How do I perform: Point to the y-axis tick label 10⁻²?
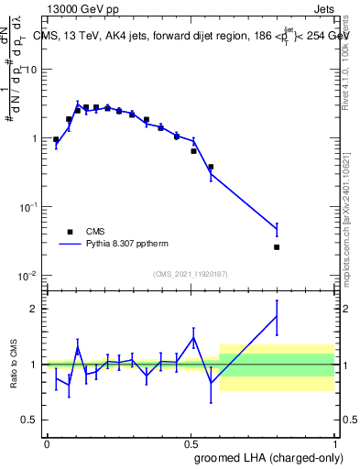click(31, 277)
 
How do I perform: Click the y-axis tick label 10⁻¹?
click(31, 208)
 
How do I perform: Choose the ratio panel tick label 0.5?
click(33, 420)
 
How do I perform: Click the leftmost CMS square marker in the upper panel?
click(56, 140)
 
